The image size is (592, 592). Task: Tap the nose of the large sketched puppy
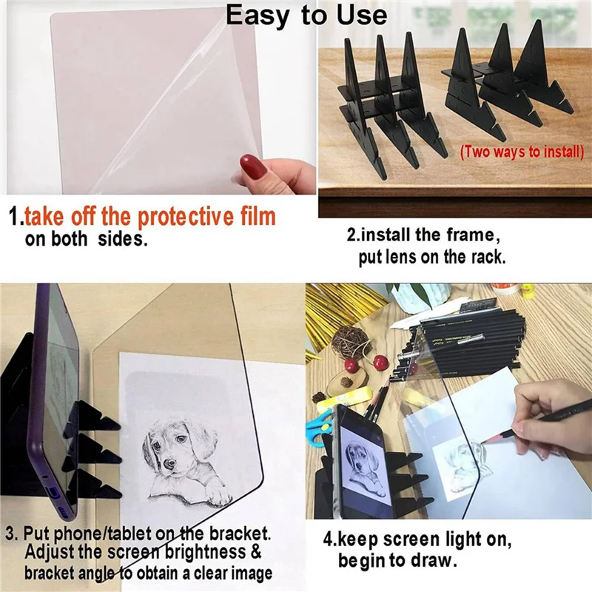[x=168, y=465]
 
